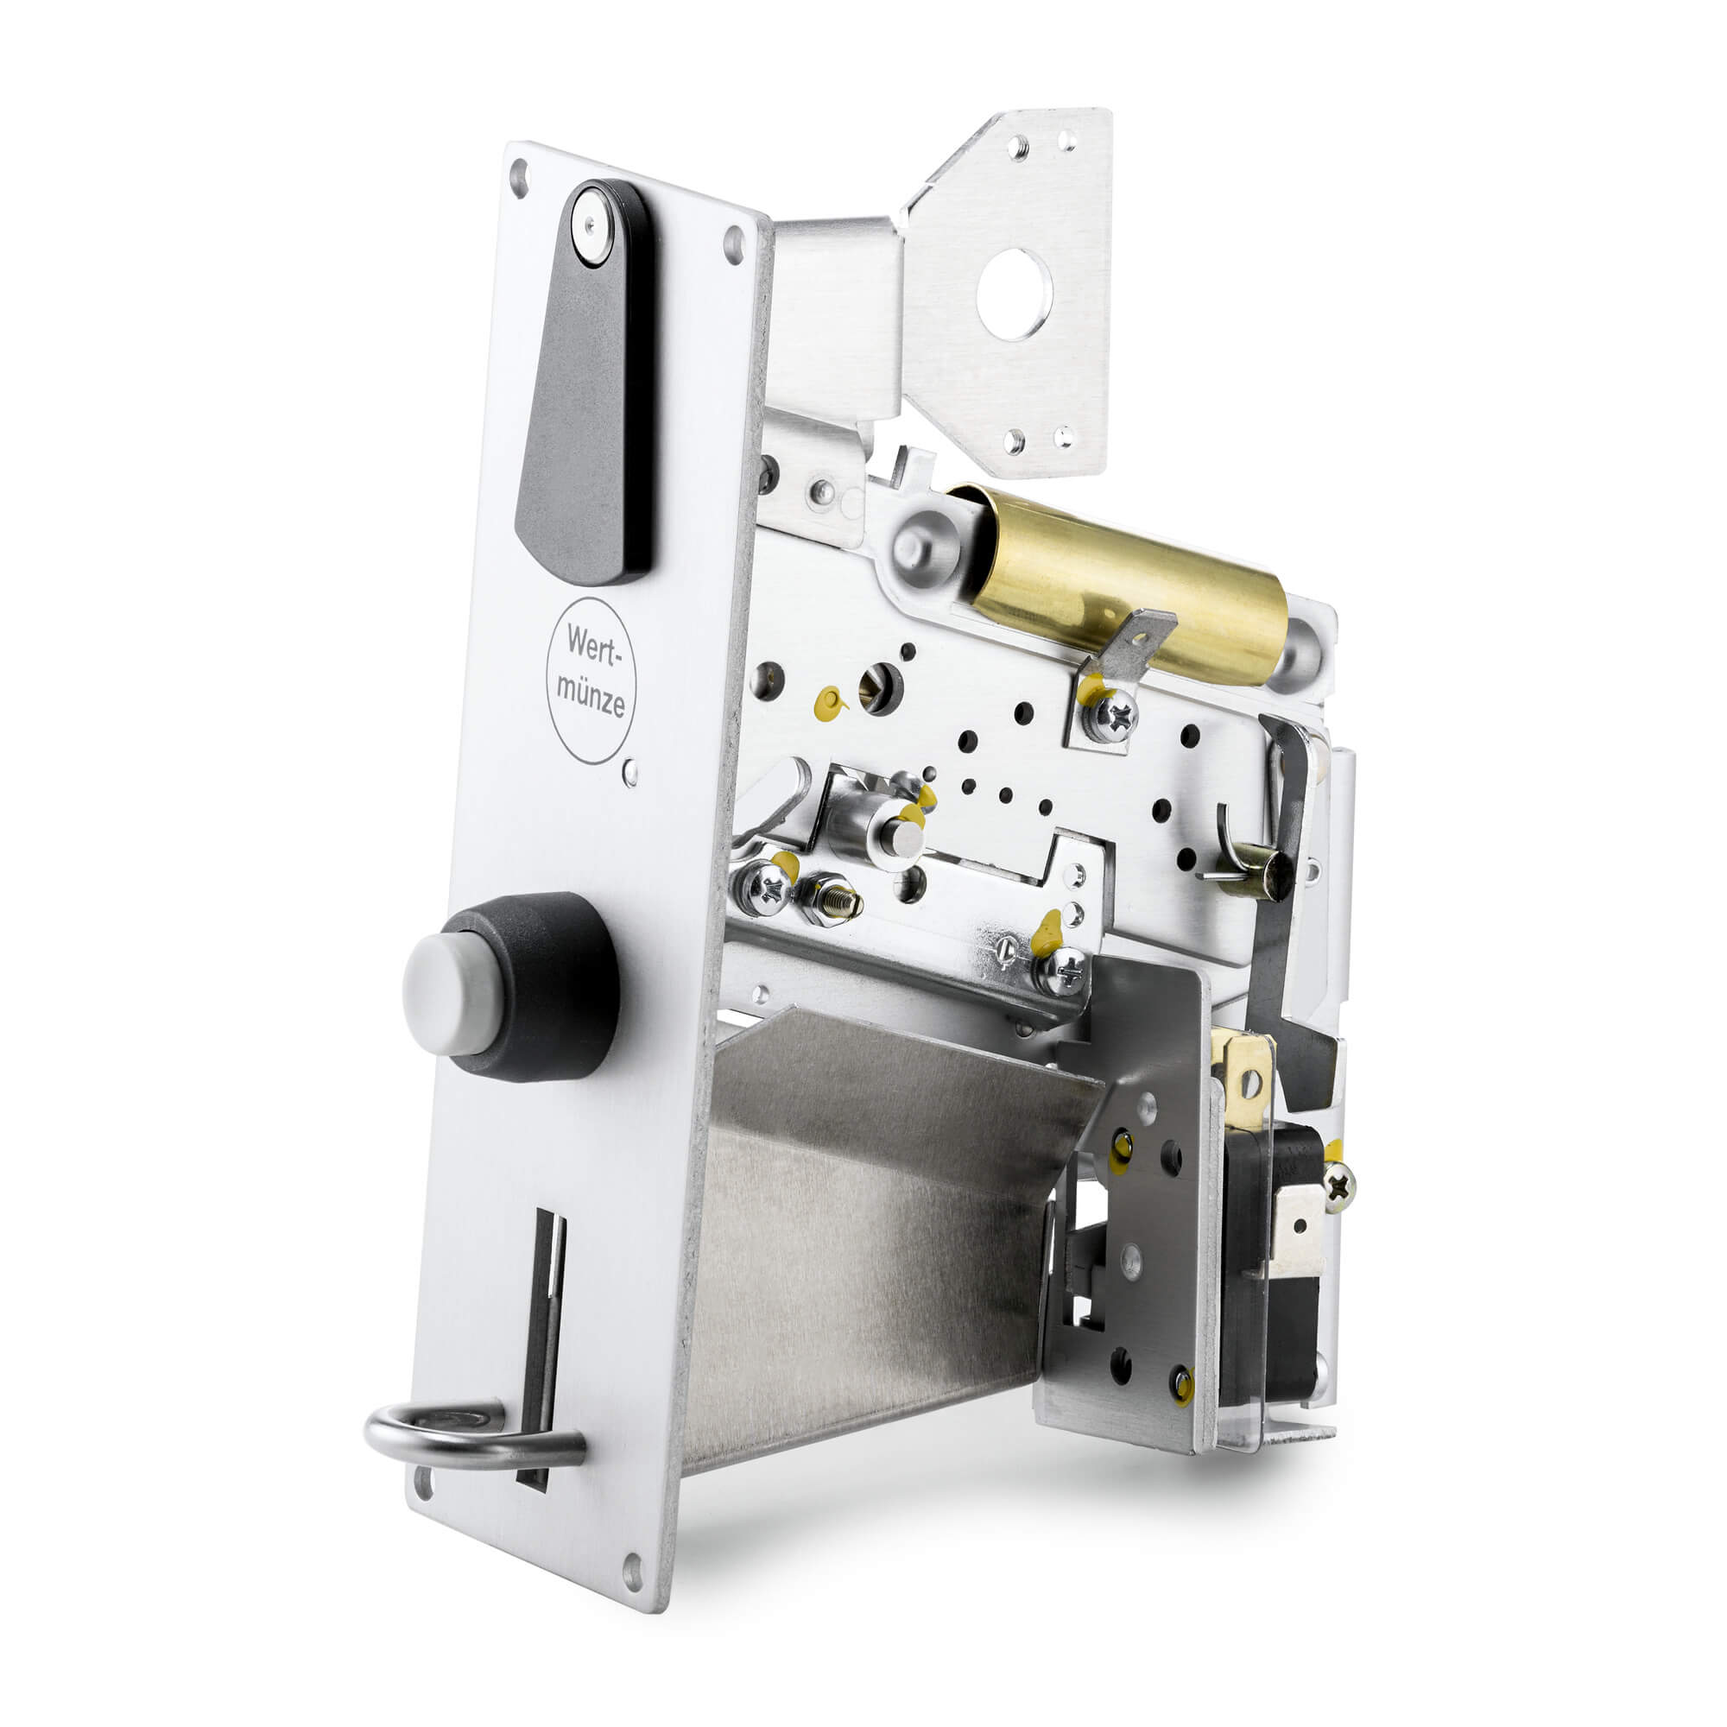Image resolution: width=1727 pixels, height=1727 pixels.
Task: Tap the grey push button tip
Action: [447, 993]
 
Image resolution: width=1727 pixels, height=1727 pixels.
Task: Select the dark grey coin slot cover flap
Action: [585, 402]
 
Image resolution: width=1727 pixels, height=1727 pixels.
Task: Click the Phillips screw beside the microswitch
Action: [1338, 1187]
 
